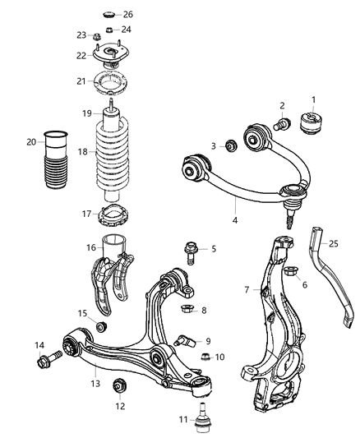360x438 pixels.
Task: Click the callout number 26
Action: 127,15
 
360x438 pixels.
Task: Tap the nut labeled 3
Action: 231,146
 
